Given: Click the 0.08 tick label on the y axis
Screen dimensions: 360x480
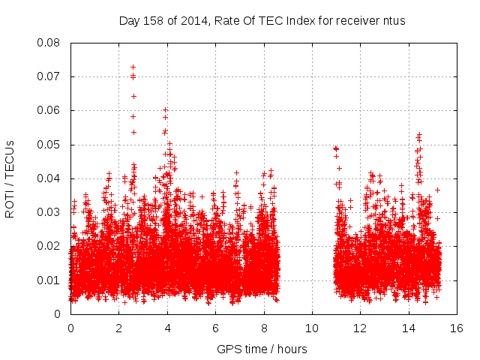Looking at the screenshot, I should pos(50,43).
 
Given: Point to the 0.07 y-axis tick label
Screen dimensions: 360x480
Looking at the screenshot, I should pos(50,76).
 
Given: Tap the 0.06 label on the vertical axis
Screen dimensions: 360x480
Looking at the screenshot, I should pos(50,110).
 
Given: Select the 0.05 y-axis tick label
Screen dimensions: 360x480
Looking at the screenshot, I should pos(50,145).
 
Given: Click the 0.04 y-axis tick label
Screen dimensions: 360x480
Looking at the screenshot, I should pos(50,178).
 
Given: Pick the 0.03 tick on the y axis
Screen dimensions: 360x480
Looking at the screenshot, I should pos(50,212).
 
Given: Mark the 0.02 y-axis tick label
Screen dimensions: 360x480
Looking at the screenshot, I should pos(50,246).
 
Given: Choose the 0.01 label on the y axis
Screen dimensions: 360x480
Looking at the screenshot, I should pos(50,280).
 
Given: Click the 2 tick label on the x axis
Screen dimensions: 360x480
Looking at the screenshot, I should pos(119,328).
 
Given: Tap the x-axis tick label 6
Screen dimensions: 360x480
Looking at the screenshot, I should pos(215,328).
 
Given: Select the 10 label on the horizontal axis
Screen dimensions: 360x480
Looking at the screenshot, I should pos(312,328).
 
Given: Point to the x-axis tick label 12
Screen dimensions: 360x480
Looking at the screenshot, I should pos(360,328).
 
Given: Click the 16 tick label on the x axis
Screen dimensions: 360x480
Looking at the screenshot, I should pos(456,328).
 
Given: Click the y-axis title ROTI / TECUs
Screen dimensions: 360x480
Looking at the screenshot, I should pos(10,178).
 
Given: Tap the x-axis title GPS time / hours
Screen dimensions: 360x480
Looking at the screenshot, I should pos(262,349).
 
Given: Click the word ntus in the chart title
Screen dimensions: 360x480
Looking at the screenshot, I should pos(393,20).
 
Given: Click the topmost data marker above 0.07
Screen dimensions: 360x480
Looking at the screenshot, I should pos(133,67).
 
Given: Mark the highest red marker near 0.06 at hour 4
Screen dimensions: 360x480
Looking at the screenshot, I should pos(165,109).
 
